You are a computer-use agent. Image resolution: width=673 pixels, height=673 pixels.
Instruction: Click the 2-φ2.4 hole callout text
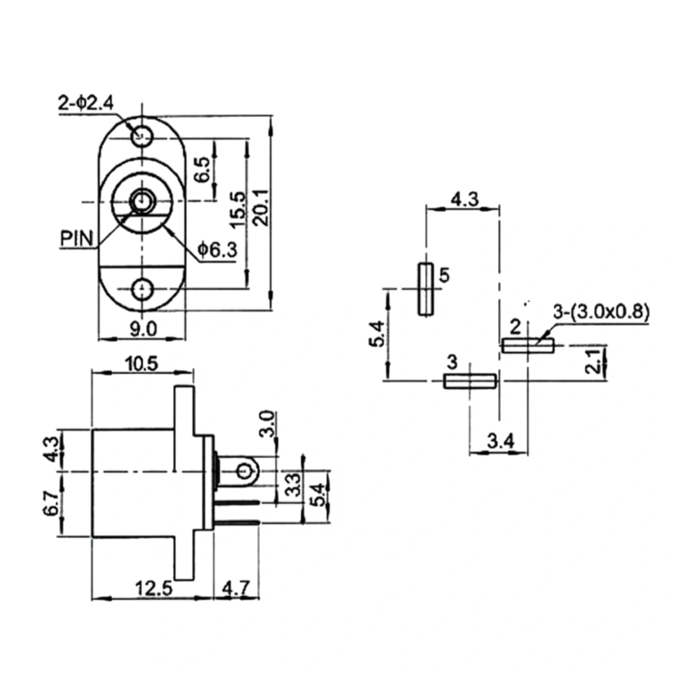(x=86, y=103)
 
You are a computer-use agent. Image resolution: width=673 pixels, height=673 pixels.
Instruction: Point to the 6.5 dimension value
(x=204, y=170)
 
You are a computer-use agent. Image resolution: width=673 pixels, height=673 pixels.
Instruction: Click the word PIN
(x=78, y=237)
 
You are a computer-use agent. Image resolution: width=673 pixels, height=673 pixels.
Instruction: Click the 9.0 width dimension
(x=142, y=329)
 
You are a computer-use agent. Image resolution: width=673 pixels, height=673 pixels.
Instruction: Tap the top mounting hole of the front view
(x=141, y=137)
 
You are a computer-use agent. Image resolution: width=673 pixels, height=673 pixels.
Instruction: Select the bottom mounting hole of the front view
(x=142, y=289)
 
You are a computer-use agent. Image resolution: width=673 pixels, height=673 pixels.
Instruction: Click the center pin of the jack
(x=141, y=200)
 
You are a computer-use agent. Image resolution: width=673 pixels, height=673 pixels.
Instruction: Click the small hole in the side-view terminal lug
(x=244, y=471)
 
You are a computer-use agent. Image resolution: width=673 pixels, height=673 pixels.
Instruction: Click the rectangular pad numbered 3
(x=469, y=381)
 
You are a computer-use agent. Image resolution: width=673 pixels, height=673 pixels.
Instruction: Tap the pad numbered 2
(x=528, y=345)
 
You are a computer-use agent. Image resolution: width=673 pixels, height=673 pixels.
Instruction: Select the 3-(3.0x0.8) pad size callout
(x=601, y=313)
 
